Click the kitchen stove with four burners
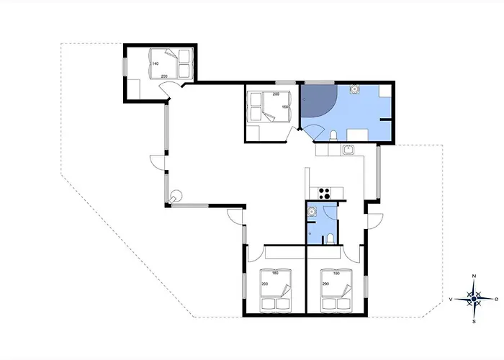324,194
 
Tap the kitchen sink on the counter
348,150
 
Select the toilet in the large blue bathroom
333,135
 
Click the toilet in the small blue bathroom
330,239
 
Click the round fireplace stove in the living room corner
176,195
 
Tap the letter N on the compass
474,276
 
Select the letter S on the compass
474,321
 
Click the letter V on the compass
451,300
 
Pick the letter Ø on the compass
496,300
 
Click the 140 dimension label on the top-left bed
156,63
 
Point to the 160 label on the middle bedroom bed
285,107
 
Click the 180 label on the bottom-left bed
275,273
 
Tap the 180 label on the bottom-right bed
336,274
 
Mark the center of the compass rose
474,300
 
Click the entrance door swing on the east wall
375,221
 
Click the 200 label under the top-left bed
164,76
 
